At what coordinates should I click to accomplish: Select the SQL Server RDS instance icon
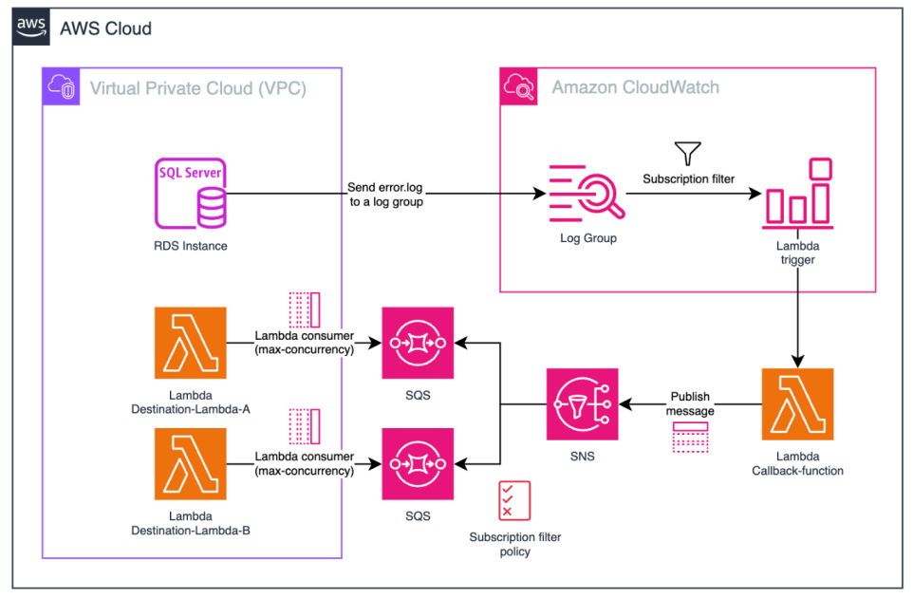pos(191,195)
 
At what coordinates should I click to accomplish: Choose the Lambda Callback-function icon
pos(797,404)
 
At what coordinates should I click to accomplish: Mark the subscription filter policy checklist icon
pos(514,501)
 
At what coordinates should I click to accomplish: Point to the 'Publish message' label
pos(689,403)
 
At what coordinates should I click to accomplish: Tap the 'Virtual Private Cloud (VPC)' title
pos(197,88)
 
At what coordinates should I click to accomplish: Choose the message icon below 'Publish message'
pos(690,438)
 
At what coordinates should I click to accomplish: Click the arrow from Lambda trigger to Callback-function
pos(797,313)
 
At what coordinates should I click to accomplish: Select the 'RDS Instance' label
pos(191,246)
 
